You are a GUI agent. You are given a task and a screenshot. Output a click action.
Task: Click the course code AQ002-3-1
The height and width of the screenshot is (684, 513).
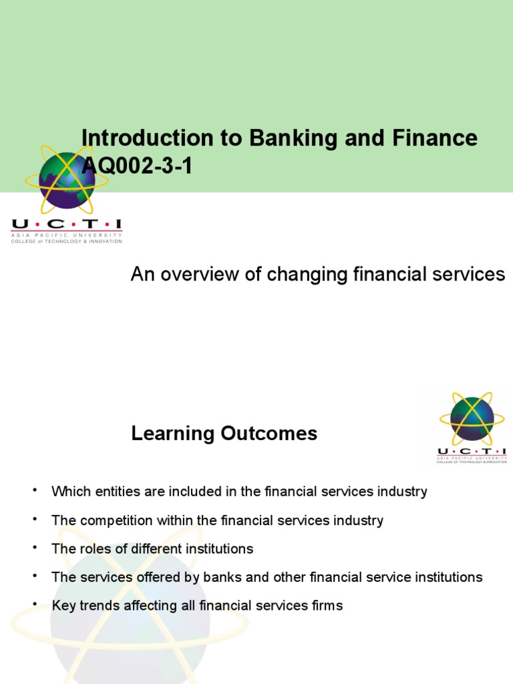pos(137,166)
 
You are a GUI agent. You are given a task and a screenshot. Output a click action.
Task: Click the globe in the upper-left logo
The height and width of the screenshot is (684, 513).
pos(66,179)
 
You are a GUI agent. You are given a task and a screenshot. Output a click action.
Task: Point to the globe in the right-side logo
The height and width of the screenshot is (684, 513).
pos(472,418)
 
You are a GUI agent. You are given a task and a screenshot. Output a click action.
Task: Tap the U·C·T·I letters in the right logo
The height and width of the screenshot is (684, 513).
pos(472,452)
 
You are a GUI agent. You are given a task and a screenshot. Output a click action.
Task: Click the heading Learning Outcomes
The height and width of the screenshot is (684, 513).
pos(224,434)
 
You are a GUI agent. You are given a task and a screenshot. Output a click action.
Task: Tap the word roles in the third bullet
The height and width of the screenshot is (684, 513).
pos(94,549)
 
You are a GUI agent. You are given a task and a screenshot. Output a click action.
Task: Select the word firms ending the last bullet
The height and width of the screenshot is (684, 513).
pos(325,606)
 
